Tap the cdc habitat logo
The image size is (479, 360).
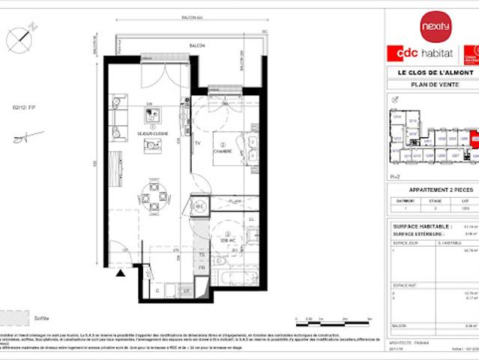click(x=421, y=55)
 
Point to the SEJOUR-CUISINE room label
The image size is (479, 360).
click(x=152, y=133)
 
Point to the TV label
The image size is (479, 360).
click(x=197, y=142)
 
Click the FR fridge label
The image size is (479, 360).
click(x=201, y=268)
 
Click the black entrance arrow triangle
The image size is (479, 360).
click(x=121, y=274)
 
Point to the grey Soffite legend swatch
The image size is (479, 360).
click(x=16, y=317)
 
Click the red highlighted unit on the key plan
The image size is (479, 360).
click(x=475, y=139)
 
